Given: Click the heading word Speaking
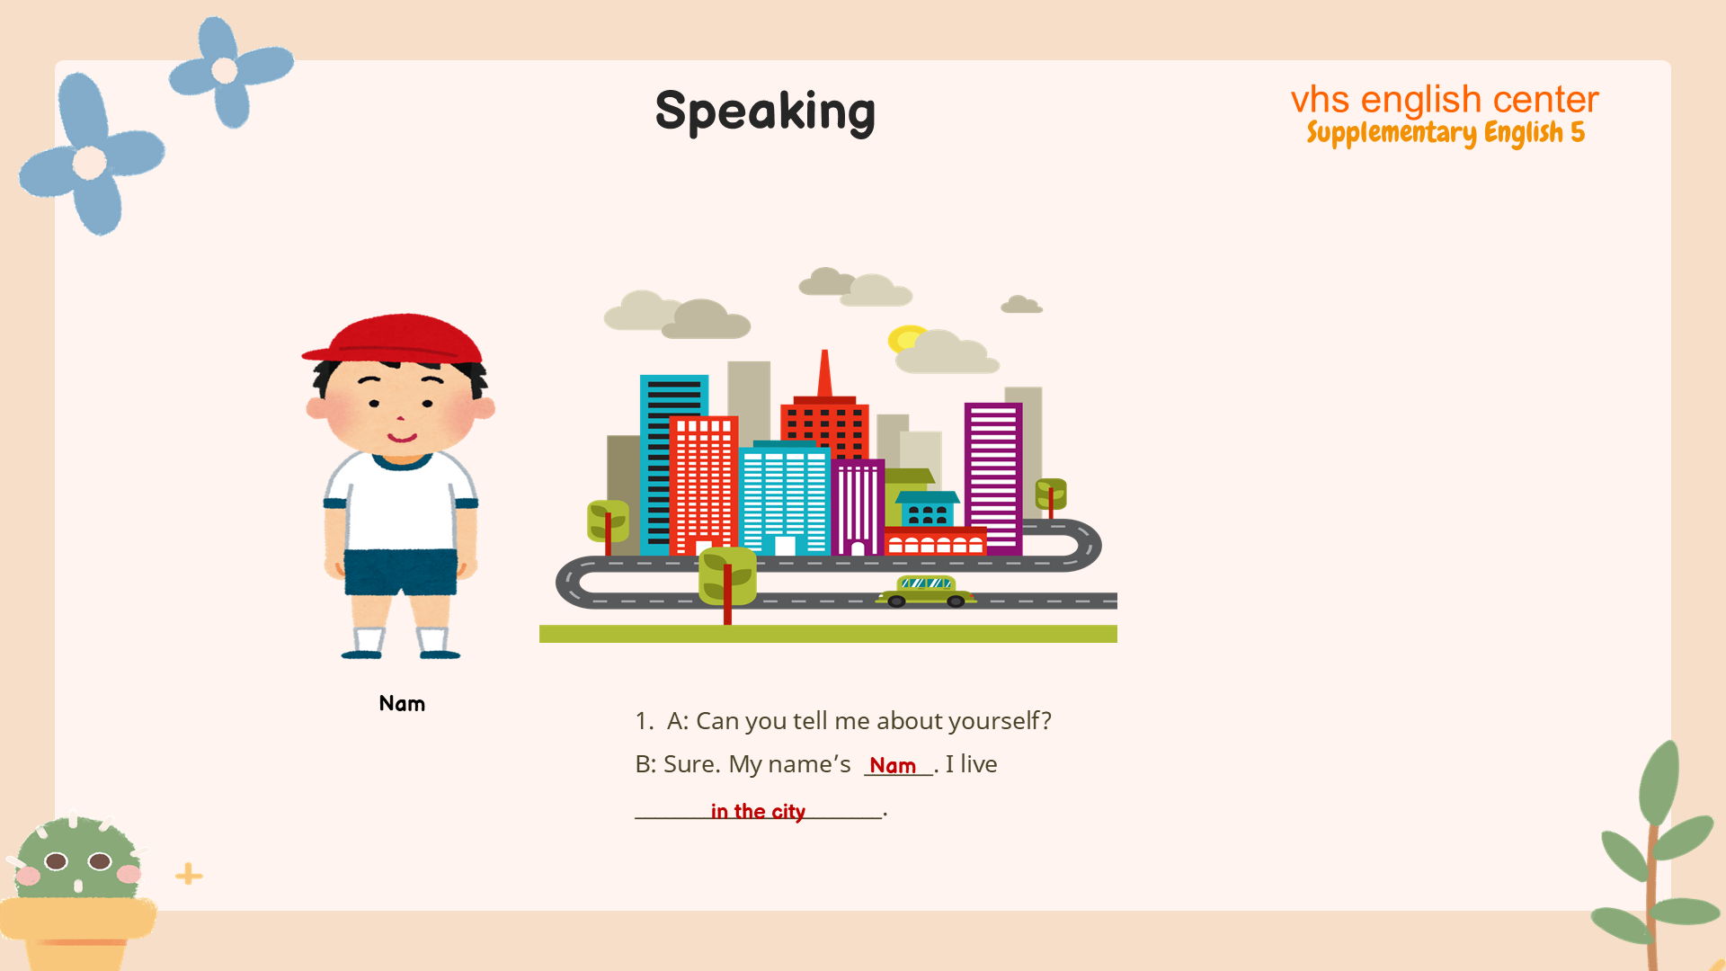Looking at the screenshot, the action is [x=765, y=112].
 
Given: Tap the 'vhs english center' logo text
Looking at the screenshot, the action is [x=1445, y=99].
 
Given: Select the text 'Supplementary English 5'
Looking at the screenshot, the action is [x=1446, y=133].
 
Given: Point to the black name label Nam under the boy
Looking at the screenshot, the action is [x=402, y=703].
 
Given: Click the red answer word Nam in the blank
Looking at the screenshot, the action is [x=893, y=766].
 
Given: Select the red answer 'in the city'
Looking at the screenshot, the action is [x=758, y=812].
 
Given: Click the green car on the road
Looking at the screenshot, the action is [x=926, y=592].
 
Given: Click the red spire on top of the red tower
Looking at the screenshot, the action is [x=824, y=373].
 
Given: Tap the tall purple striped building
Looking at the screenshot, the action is [x=993, y=477].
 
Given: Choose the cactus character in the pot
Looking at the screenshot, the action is [x=77, y=890].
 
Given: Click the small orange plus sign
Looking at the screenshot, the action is [x=189, y=874].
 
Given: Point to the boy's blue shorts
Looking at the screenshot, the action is [x=400, y=572].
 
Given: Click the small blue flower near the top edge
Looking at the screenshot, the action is [x=230, y=71].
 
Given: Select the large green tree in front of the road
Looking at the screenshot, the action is [x=727, y=581].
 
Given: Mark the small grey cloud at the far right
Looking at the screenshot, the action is [x=1021, y=305].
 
